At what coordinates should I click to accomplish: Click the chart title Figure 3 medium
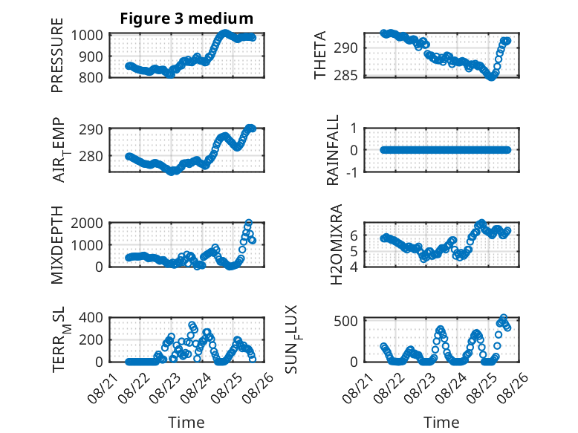(186, 18)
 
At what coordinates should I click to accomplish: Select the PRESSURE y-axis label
(57, 55)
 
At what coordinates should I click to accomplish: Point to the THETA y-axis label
(320, 55)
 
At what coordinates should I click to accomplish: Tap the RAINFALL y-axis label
(333, 149)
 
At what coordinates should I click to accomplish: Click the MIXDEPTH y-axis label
(57, 244)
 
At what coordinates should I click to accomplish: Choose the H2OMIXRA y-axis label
(337, 244)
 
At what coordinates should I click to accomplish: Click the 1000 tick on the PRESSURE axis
(86, 36)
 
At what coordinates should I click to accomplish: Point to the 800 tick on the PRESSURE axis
(91, 77)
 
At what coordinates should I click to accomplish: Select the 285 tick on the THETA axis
(345, 76)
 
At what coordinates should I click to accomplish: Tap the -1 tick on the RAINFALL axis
(351, 172)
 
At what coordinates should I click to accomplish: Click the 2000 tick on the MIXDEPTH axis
(86, 223)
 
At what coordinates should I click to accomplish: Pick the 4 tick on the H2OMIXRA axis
(354, 266)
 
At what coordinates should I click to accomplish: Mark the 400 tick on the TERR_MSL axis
(91, 317)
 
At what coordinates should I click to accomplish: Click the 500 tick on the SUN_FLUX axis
(345, 321)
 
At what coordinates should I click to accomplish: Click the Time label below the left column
(186, 422)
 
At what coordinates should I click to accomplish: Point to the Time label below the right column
(441, 422)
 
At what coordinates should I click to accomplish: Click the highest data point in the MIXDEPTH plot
(249, 223)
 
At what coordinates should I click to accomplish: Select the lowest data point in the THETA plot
(491, 77)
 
